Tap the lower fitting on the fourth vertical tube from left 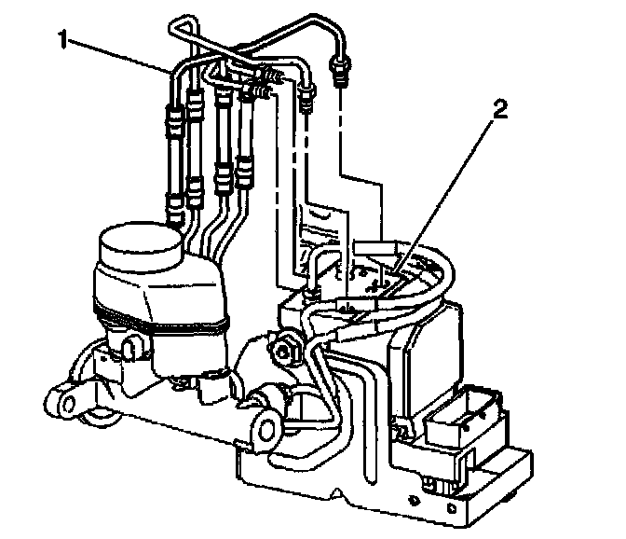point(244,170)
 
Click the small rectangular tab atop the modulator point(373,246)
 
